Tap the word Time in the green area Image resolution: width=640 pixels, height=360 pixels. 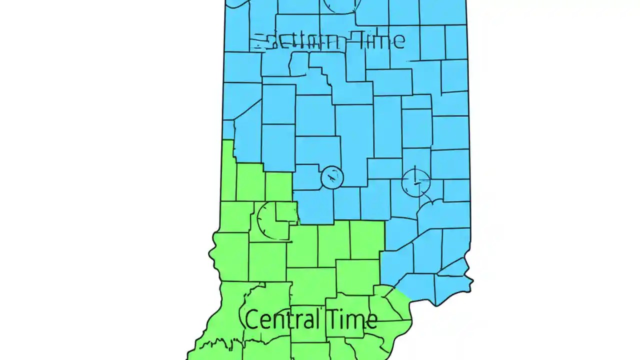click(351, 319)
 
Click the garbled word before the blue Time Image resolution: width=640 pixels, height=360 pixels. click(297, 41)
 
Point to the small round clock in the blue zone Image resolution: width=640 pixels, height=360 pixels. click(332, 177)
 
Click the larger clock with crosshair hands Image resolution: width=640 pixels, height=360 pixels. click(415, 182)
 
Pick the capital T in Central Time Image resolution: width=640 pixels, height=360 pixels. click(332, 319)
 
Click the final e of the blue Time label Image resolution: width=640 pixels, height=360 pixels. click(398, 41)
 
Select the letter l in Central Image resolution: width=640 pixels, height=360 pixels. click(317, 318)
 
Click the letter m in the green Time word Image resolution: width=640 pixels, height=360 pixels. click(355, 321)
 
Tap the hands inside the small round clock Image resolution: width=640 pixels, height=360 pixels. click(332, 176)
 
